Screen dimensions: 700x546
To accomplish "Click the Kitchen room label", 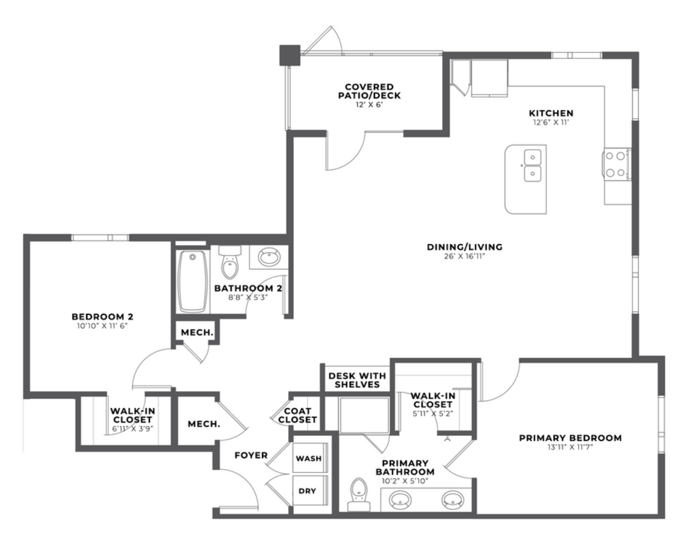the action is [x=551, y=114].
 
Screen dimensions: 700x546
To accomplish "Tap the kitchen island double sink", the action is [x=533, y=166].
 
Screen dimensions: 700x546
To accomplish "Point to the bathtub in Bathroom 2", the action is [x=192, y=282].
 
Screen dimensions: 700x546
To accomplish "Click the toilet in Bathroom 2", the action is [x=230, y=262].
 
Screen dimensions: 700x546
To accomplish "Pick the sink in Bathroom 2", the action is [x=269, y=257].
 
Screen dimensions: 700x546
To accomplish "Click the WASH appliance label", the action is [x=309, y=458].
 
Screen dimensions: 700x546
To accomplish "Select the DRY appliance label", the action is [x=307, y=491].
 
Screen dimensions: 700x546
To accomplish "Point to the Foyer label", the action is [x=251, y=455].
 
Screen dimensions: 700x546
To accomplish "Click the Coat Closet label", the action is [x=297, y=415].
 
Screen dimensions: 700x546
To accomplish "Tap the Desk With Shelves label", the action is [x=357, y=380].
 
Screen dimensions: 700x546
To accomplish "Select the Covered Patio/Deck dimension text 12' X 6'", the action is [x=369, y=105].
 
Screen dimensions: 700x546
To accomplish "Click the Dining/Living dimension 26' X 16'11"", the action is [x=464, y=256].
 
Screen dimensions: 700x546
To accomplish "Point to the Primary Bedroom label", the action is [x=570, y=438].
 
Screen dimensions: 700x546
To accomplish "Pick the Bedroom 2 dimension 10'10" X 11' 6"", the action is [x=102, y=326].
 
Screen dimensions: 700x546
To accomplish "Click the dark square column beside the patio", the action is [x=289, y=55].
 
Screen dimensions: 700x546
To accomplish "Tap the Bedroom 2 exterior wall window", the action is [x=100, y=238].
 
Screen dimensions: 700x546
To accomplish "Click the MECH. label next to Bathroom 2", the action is [x=197, y=333].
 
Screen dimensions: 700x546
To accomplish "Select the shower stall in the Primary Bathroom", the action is [x=364, y=415].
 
